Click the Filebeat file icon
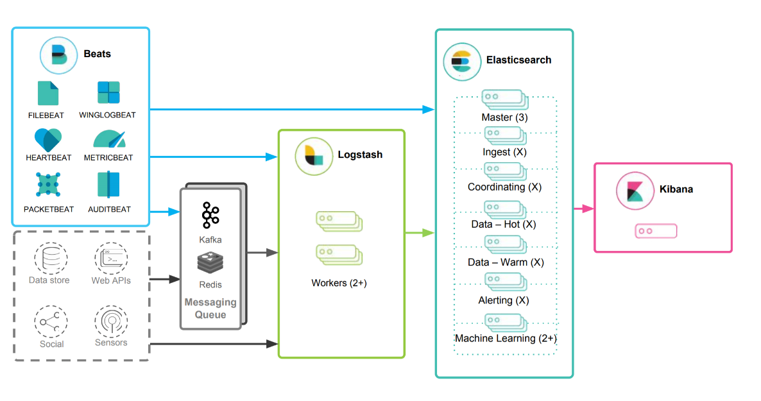pos(47,94)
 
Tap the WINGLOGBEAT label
pos(107,115)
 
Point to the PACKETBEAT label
pos(49,209)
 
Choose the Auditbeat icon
pos(108,185)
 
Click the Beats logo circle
pos(59,55)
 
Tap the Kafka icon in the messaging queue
pos(210,215)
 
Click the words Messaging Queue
pos(210,308)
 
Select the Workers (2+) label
pos(339,282)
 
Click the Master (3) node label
pos(504,118)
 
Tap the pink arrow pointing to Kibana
pos(583,208)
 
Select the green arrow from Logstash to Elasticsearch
pos(420,233)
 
